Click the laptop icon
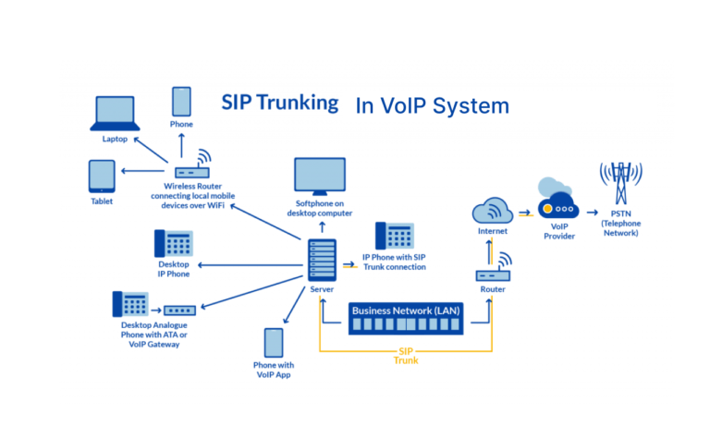pyautogui.click(x=116, y=113)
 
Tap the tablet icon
pyautogui.click(x=102, y=176)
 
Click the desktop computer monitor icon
pyautogui.click(x=319, y=176)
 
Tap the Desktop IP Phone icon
pyautogui.click(x=173, y=244)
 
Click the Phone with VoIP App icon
pyautogui.click(x=273, y=344)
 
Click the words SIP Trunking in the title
pyautogui.click(x=279, y=103)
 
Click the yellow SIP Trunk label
pyautogui.click(x=406, y=356)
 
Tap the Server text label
pyautogui.click(x=321, y=289)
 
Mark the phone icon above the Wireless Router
pyautogui.click(x=181, y=101)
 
